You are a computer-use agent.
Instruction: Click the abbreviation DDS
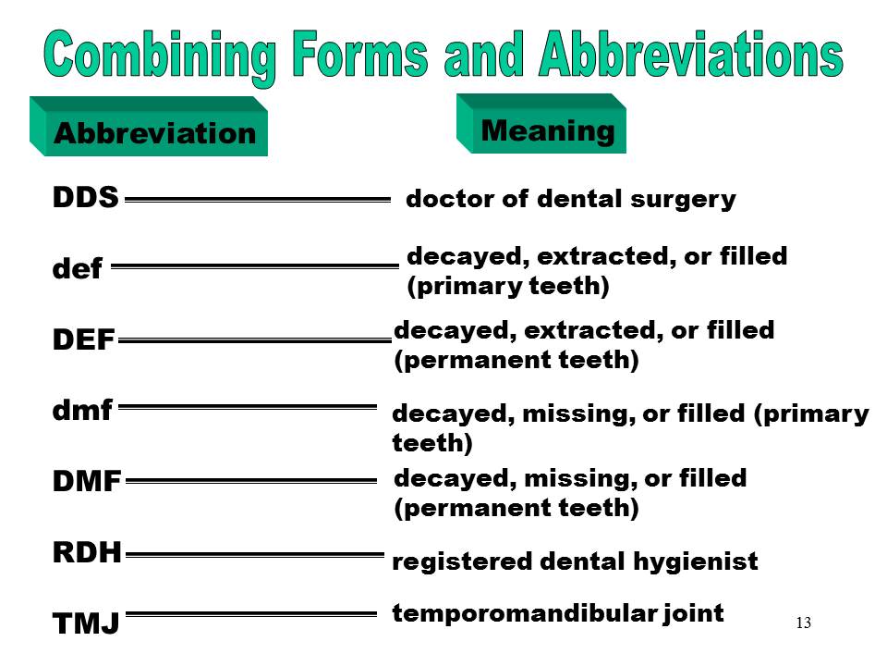(x=85, y=197)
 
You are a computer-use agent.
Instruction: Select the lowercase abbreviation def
(x=77, y=271)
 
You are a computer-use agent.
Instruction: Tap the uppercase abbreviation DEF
(x=83, y=341)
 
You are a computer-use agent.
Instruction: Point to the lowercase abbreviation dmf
(x=82, y=410)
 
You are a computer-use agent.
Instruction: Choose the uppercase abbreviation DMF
(x=87, y=481)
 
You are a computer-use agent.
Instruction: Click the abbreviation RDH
(x=87, y=553)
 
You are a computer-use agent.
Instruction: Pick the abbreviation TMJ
(x=86, y=624)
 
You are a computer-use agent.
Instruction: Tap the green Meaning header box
(x=548, y=130)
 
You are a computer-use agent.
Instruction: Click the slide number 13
(x=802, y=623)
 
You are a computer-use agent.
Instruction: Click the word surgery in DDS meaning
(x=693, y=199)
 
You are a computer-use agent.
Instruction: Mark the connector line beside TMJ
(x=251, y=613)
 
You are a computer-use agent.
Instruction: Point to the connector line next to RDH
(x=254, y=555)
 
